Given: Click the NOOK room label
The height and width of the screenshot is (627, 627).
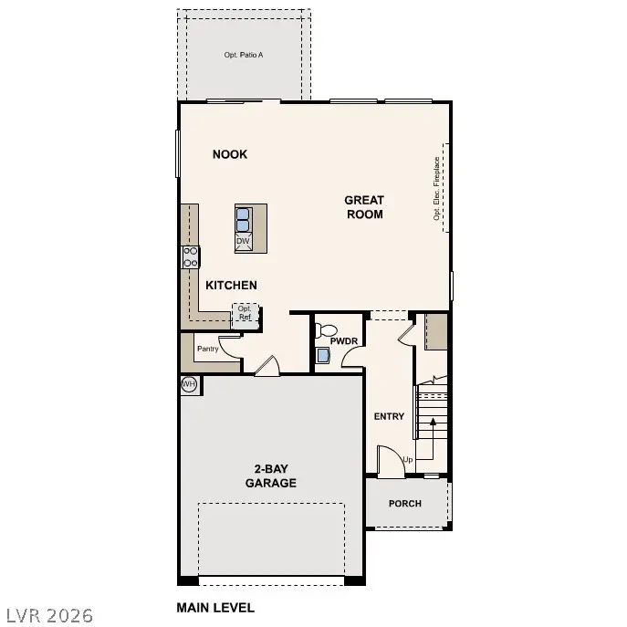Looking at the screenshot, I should [x=230, y=154].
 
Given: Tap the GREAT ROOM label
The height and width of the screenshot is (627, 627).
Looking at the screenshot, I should [x=364, y=207].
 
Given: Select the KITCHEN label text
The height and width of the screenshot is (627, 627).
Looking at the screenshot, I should [x=231, y=286].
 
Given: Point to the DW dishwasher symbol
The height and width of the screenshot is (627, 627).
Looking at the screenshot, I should [x=244, y=241].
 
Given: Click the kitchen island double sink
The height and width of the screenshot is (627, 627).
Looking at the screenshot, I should [x=244, y=219].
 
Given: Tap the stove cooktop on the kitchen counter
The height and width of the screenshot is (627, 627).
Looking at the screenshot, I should [x=192, y=256].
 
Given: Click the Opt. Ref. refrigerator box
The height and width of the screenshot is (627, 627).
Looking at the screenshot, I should [x=246, y=314].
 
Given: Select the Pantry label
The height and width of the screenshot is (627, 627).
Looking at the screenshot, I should [x=208, y=349].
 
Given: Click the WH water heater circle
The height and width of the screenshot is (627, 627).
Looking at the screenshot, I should [x=189, y=384].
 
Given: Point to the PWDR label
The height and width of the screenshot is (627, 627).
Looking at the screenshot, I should [x=343, y=341].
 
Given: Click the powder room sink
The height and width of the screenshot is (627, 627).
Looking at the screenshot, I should [x=322, y=355].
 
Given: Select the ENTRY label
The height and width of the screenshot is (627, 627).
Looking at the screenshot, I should [x=389, y=416].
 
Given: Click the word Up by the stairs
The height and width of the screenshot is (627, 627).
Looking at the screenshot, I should [x=407, y=460].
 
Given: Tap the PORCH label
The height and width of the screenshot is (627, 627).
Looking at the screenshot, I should [x=405, y=504].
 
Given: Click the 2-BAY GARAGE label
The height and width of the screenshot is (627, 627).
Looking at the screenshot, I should [x=271, y=476].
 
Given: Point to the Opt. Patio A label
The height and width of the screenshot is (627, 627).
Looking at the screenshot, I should [x=244, y=56].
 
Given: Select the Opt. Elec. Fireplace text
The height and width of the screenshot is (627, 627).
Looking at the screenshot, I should [x=437, y=189].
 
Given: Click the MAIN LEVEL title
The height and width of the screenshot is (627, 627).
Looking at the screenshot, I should [x=214, y=608].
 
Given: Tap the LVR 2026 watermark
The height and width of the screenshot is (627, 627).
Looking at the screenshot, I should [x=47, y=615].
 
